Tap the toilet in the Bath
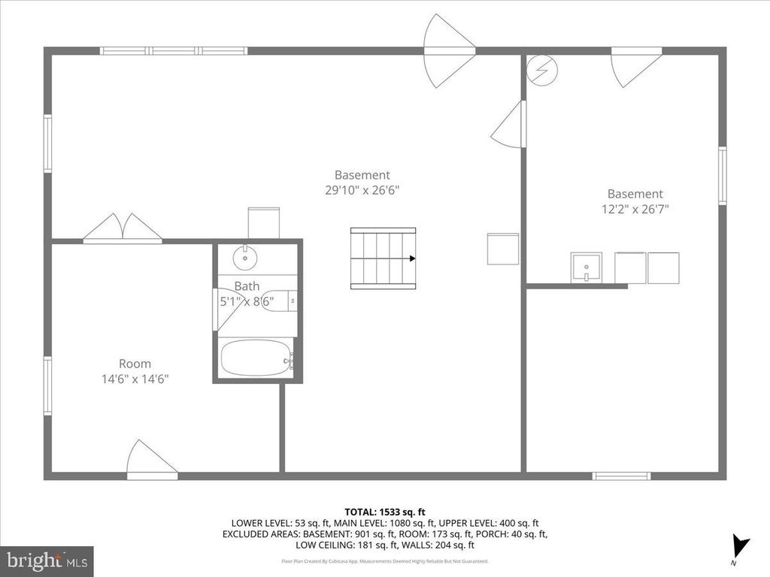(x=280, y=301)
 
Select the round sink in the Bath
(x=244, y=258)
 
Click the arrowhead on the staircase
(x=412, y=258)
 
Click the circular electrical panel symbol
(x=541, y=70)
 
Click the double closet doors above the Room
(x=122, y=228)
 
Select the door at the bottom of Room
(x=151, y=460)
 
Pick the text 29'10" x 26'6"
(x=362, y=191)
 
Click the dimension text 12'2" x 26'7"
(x=635, y=209)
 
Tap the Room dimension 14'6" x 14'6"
(x=135, y=379)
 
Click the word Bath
(x=247, y=286)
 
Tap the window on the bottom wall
(x=621, y=476)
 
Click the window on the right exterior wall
(x=722, y=176)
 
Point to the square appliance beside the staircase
(x=502, y=249)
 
